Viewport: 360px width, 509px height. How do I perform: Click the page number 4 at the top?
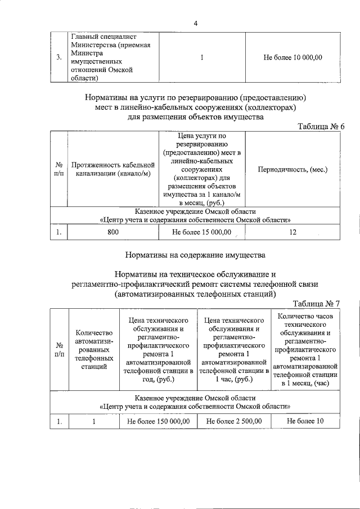195,23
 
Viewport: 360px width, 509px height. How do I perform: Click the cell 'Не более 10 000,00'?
292,57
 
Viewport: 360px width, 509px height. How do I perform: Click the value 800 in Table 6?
112,232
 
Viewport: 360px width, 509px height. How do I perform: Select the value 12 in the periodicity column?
292,232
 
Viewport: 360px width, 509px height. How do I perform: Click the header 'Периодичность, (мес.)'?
292,169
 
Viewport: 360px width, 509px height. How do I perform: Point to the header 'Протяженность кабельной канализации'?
112,169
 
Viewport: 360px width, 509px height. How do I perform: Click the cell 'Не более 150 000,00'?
159,421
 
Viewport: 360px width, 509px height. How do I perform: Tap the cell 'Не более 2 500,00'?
233,421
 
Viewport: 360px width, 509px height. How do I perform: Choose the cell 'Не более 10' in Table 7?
305,421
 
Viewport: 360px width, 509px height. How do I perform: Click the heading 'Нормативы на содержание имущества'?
195,255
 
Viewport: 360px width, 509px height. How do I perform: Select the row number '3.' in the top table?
59,57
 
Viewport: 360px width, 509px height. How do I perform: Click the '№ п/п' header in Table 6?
59,169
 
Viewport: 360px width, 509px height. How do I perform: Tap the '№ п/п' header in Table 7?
59,349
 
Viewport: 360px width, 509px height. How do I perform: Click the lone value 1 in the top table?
201,57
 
